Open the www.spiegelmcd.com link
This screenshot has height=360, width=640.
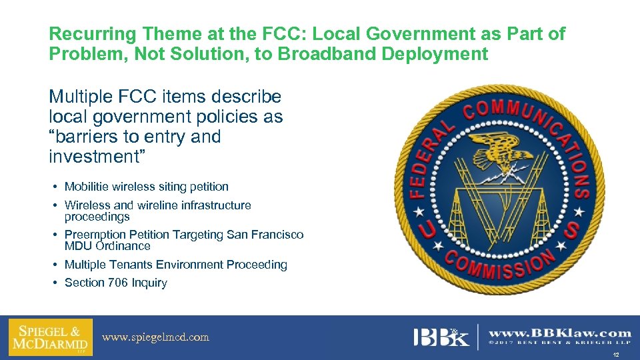coord(155,337)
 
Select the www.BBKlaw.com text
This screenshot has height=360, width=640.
coord(560,333)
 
